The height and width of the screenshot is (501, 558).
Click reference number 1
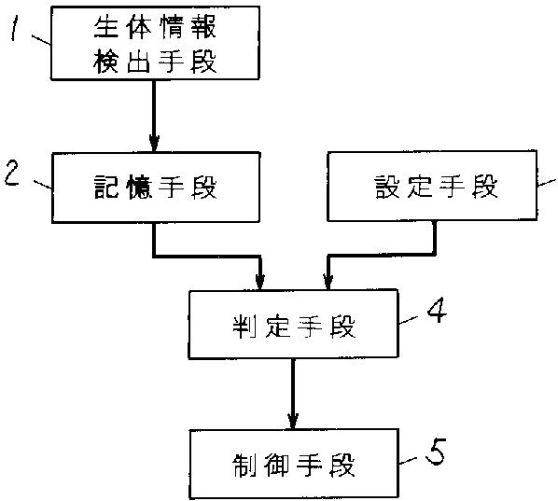pos(14,29)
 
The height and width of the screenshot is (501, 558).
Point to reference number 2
pos(12,174)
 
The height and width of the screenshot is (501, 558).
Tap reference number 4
pos(437,310)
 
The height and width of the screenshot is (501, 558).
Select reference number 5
pos(436,452)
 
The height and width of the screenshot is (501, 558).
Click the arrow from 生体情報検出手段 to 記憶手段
pos(154,116)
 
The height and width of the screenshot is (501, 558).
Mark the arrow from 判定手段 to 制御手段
pos(293,394)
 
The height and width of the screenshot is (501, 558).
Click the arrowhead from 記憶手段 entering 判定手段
pos(260,282)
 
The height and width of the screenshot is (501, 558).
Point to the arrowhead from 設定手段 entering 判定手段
pos(328,282)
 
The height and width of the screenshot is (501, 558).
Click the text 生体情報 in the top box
pos(155,27)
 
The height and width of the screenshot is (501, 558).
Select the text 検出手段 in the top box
pos(155,62)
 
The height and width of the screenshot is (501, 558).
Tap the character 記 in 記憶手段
pos(106,187)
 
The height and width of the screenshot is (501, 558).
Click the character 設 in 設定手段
pos(387,186)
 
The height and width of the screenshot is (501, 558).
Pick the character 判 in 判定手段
pos(244,327)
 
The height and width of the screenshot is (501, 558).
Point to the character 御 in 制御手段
pos(276,466)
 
